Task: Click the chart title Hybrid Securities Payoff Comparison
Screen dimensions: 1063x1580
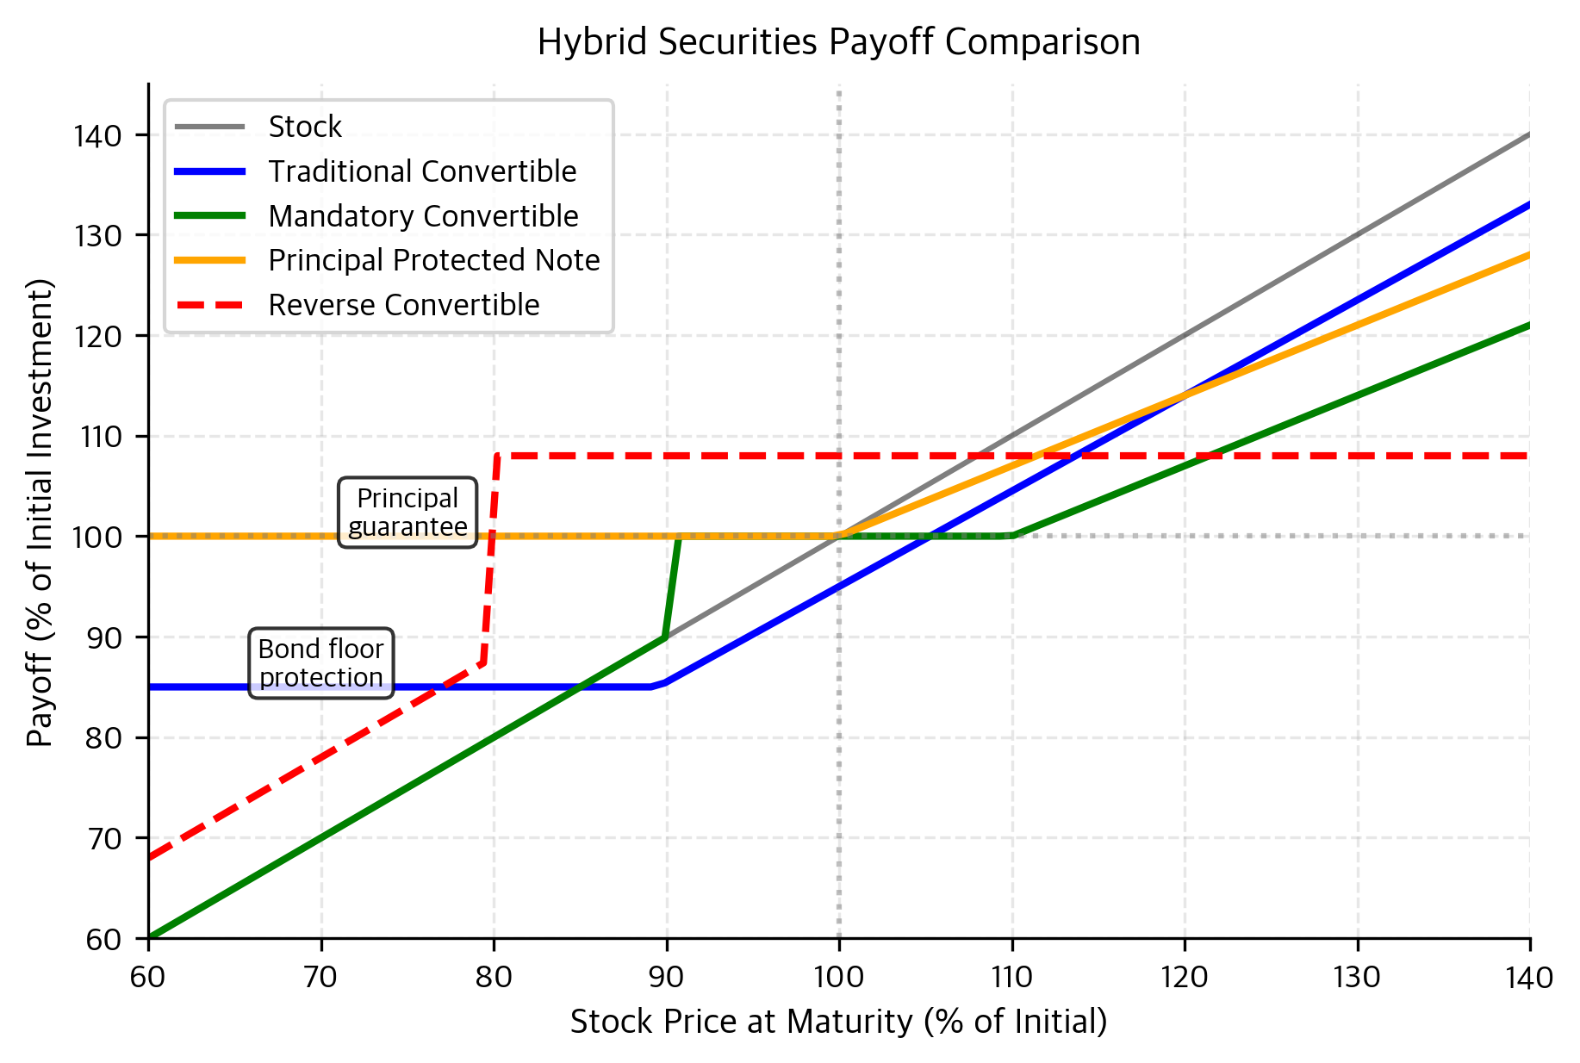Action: tap(838, 41)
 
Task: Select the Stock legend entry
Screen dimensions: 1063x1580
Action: tap(305, 127)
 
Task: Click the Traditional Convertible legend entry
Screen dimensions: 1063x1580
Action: tap(422, 171)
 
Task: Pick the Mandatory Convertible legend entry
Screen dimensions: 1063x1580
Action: tap(423, 216)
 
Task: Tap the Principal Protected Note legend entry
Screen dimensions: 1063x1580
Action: tap(433, 260)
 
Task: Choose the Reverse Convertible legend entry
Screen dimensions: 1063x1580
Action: tap(403, 305)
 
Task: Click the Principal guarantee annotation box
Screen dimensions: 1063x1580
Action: tap(407, 513)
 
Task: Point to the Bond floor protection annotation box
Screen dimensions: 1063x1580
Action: tap(321, 662)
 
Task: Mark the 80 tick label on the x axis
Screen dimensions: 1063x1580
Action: tap(494, 978)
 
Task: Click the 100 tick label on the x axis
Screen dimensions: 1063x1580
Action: tap(839, 978)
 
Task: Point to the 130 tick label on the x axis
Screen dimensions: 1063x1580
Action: tap(1357, 978)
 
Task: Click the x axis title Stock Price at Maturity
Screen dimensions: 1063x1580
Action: tap(838, 1022)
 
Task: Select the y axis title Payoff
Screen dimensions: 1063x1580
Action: tap(40, 512)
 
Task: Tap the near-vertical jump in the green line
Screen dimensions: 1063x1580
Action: tap(672, 587)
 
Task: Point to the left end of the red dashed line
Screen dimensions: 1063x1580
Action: tap(150, 857)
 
